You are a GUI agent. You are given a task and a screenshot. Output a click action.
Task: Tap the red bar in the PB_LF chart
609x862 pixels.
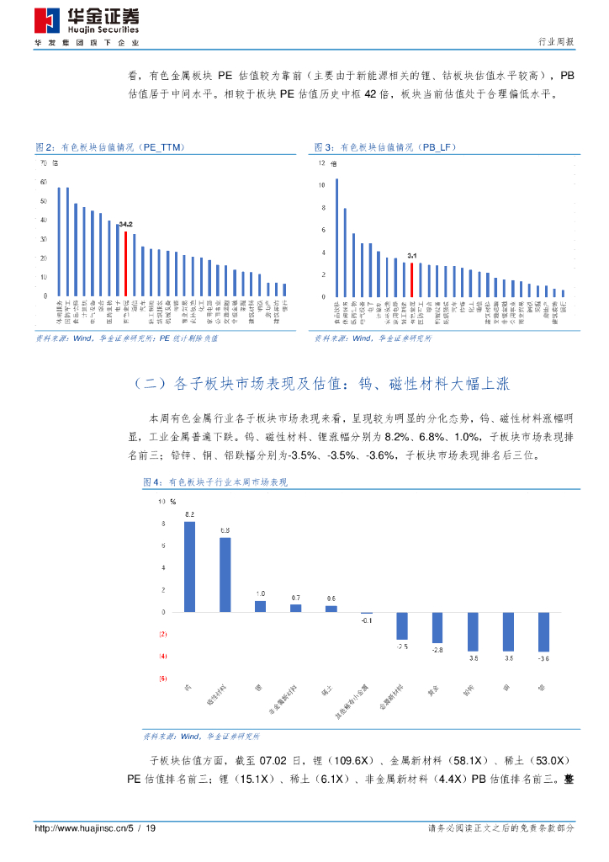[411, 280]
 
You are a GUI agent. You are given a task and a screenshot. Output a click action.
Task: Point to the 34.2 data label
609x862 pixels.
[125, 225]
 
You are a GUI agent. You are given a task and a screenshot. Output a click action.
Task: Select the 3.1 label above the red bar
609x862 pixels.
[411, 255]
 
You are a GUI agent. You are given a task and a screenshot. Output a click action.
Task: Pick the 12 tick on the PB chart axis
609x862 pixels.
[322, 162]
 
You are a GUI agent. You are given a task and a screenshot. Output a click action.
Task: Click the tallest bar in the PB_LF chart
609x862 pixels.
[337, 237]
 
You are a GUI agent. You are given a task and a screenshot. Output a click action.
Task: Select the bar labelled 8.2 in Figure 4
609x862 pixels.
[190, 567]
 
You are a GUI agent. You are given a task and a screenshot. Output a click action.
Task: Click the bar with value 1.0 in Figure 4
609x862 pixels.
[261, 606]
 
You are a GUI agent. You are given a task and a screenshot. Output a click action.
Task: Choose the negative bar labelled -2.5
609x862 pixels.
[402, 625]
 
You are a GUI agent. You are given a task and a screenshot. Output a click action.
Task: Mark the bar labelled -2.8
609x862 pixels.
[437, 628]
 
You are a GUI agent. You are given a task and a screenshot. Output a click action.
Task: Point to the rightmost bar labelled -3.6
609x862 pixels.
[543, 631]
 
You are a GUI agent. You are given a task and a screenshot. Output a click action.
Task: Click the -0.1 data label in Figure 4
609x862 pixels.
[367, 620]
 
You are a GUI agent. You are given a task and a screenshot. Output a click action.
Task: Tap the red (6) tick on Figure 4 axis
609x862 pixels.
[163, 678]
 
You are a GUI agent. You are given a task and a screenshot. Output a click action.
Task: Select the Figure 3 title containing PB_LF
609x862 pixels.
[385, 147]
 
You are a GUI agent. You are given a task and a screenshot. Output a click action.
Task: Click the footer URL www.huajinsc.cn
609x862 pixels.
[76, 828]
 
